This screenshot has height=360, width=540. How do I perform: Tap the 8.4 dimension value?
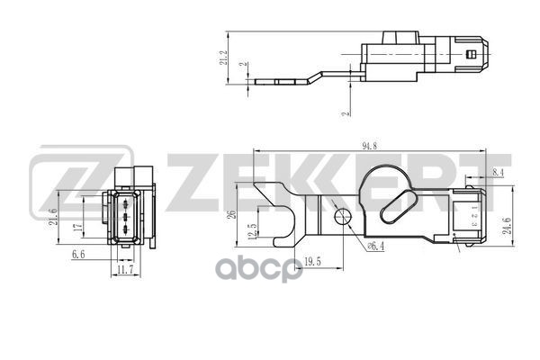498,170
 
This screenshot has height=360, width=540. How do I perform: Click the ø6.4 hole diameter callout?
375,247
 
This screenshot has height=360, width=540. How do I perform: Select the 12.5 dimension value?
254,231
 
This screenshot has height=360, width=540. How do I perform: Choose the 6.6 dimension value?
79,256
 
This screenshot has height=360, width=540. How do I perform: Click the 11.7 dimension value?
126,268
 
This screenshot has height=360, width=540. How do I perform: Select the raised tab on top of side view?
400,38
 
